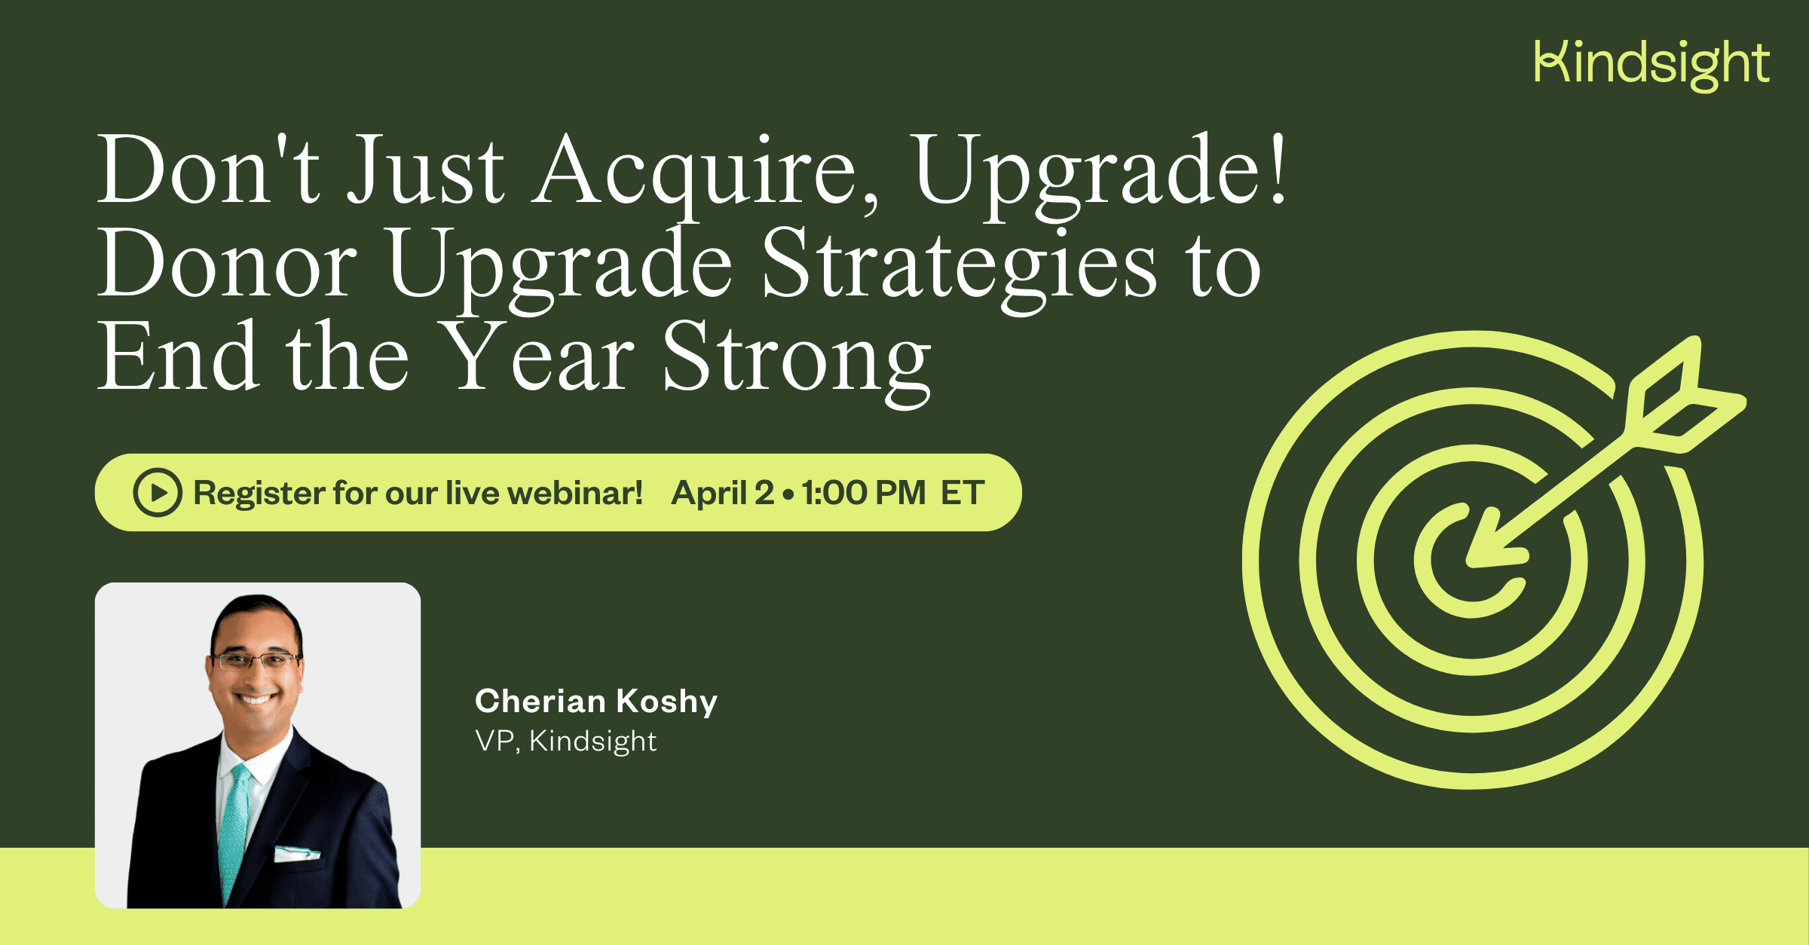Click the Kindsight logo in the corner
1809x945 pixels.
[1651, 64]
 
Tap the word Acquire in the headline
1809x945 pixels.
[706, 172]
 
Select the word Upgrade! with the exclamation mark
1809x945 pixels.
[1100, 172]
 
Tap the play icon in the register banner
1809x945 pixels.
[158, 493]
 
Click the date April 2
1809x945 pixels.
[722, 493]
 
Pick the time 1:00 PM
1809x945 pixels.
[864, 493]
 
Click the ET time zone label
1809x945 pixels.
[963, 493]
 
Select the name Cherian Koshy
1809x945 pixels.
[595, 701]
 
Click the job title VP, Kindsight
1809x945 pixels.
[565, 742]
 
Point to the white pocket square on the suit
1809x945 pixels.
[295, 854]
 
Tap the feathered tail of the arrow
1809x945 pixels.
[1685, 399]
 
